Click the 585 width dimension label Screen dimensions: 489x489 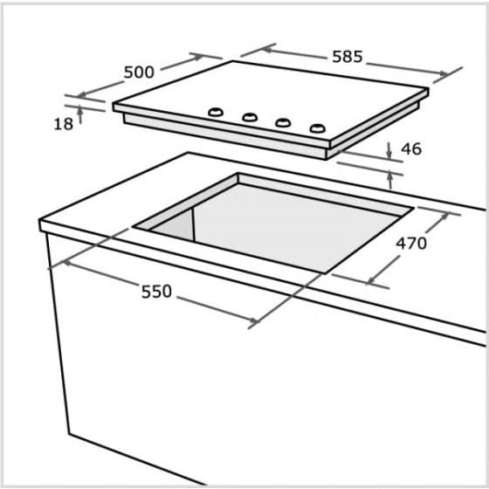(x=348, y=57)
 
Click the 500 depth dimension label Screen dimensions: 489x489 (x=139, y=72)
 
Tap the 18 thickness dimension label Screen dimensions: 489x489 (x=63, y=124)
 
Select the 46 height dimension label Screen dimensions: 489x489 (x=411, y=149)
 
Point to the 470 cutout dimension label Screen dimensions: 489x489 (x=411, y=244)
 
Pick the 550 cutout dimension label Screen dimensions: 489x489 (x=156, y=292)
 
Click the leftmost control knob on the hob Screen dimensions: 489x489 (x=214, y=112)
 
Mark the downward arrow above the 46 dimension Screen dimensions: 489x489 (x=389, y=153)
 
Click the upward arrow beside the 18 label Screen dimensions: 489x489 (x=80, y=111)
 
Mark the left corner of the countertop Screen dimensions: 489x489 (x=42, y=225)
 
